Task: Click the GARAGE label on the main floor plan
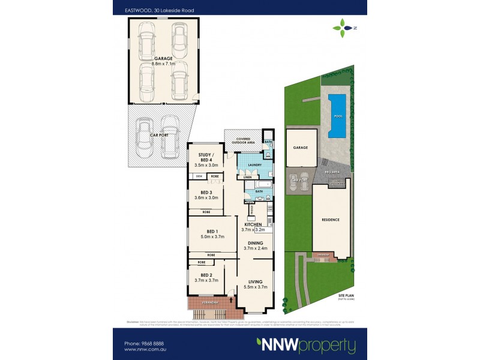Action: (162, 58)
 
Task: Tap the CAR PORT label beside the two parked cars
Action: (159, 136)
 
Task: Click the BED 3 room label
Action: (206, 192)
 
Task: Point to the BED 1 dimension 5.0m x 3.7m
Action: (212, 237)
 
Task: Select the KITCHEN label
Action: (253, 224)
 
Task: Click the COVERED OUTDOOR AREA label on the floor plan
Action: (243, 140)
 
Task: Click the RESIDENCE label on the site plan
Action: (330, 220)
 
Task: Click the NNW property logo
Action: (306, 346)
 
